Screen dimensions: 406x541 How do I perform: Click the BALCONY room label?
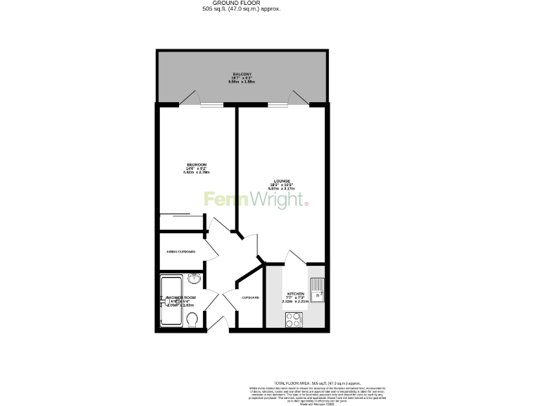pyautogui.click(x=242, y=74)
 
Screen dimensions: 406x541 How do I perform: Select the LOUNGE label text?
pyautogui.click(x=282, y=181)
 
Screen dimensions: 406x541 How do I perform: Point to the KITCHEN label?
pyautogui.click(x=294, y=293)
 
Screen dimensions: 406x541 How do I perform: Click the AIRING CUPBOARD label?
pyautogui.click(x=181, y=252)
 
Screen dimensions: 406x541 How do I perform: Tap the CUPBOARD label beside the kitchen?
pyautogui.click(x=250, y=297)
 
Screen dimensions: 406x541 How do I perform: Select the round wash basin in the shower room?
pyautogui.click(x=193, y=279)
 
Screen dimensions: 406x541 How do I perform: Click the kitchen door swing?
pyautogui.click(x=296, y=257)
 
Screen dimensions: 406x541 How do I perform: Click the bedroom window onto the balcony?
pyautogui.click(x=211, y=105)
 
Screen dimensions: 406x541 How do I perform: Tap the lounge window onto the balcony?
pyautogui.click(x=277, y=105)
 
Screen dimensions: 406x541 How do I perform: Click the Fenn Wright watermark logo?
pyautogui.click(x=256, y=199)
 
